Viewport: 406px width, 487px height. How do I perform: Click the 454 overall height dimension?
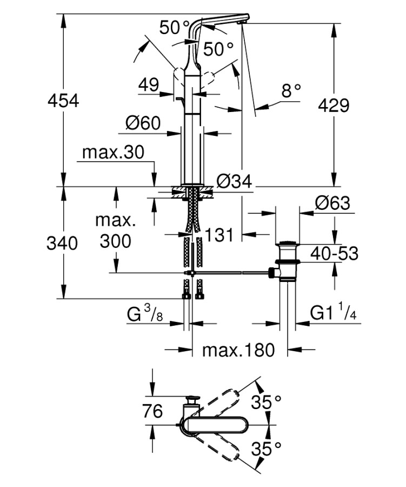coord(64,101)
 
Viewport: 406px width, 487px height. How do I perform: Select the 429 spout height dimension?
coord(333,105)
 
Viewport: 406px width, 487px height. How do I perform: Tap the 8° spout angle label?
coord(290,91)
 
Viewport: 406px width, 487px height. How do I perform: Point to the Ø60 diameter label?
coord(143,124)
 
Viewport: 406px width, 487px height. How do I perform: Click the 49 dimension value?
coord(148,85)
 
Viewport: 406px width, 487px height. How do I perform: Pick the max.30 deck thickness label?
coord(113,153)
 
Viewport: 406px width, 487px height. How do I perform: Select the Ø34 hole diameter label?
coord(235,182)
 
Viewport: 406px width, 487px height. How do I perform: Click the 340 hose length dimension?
coord(64,243)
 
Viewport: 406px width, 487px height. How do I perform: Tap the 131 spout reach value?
coord(218,234)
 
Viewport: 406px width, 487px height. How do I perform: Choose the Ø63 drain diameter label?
coord(332,204)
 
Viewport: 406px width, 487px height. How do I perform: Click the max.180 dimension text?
coord(238,350)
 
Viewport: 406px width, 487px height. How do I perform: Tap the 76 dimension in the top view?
coord(152,411)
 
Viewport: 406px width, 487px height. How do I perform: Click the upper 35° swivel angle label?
coord(267,402)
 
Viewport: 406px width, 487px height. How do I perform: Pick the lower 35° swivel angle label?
coord(267,448)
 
